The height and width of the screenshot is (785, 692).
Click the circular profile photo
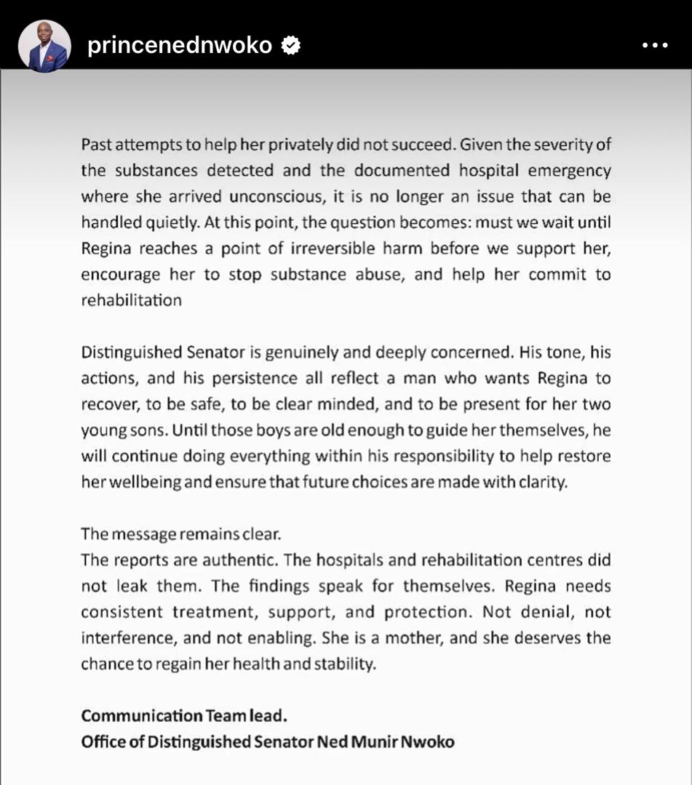[44, 46]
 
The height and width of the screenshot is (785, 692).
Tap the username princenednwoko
[180, 46]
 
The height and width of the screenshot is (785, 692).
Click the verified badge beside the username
[291, 46]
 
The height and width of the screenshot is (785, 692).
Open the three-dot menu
[654, 46]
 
